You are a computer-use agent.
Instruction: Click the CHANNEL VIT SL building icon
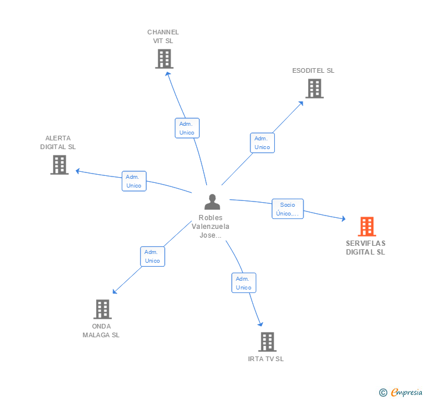[164, 59]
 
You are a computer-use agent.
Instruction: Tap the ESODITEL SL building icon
[315, 89]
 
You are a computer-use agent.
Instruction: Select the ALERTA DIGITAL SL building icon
[59, 165]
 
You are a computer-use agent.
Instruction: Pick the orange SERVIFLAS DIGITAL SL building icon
[366, 226]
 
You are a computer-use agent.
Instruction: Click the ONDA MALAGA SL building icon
[103, 309]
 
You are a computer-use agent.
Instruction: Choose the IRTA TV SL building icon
[267, 342]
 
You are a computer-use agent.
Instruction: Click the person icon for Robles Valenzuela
[213, 202]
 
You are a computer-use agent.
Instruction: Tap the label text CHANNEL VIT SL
[163, 37]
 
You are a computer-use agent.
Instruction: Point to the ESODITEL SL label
[313, 70]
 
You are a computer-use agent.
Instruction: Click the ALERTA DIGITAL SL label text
[58, 143]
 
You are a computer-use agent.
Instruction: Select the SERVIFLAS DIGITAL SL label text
[366, 248]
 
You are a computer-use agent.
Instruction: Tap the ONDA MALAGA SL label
[101, 330]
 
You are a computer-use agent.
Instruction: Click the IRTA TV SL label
[266, 359]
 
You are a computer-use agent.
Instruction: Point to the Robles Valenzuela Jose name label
[211, 227]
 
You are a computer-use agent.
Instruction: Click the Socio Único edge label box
[288, 209]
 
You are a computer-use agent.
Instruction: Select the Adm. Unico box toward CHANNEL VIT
[187, 128]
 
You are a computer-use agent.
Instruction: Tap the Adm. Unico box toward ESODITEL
[262, 143]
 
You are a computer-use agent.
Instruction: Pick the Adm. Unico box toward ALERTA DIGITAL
[134, 181]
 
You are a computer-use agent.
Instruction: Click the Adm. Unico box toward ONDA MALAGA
[153, 256]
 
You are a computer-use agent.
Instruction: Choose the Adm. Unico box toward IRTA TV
[243, 283]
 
